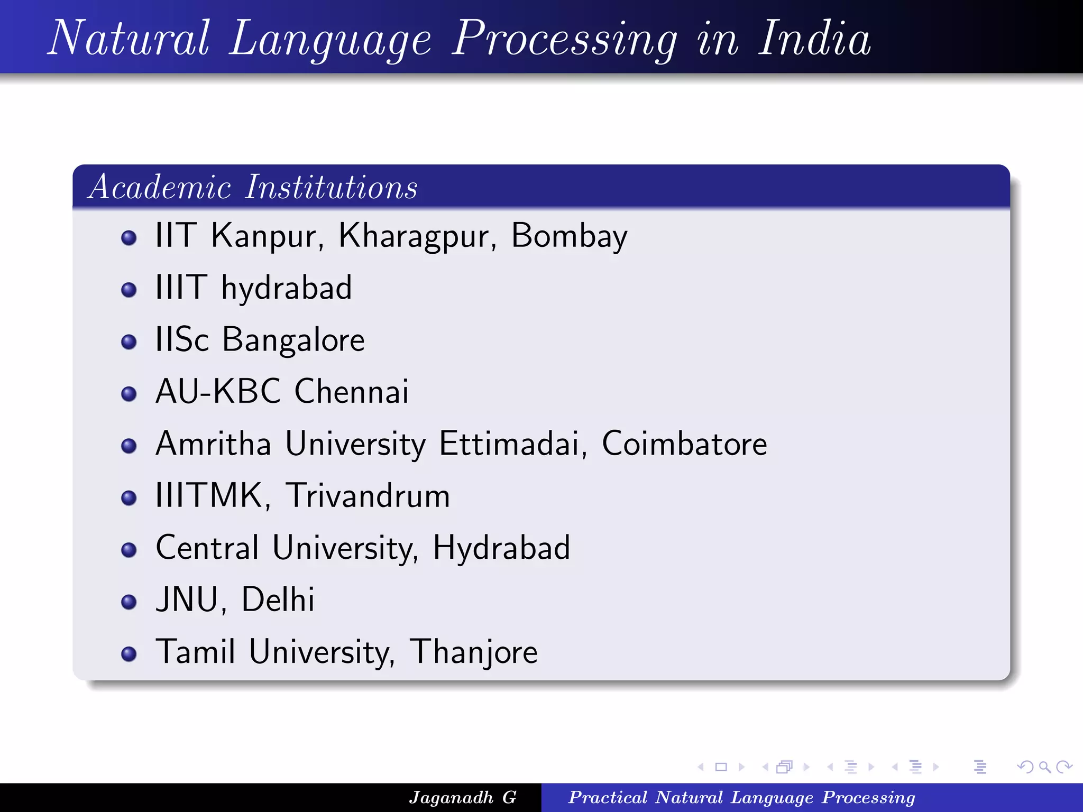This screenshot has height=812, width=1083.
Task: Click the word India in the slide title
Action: point(814,38)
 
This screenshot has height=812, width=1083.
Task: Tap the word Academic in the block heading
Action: point(160,187)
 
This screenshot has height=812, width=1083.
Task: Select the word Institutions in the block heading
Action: point(331,187)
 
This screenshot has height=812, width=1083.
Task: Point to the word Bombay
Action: point(569,236)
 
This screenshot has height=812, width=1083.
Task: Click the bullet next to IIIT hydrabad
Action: point(129,290)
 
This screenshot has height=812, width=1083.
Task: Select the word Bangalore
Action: point(293,340)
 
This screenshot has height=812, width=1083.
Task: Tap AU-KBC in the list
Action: point(218,392)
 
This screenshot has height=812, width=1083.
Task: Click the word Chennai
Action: point(352,392)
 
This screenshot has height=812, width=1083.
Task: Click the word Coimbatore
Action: point(684,444)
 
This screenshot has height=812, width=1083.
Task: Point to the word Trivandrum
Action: point(368,496)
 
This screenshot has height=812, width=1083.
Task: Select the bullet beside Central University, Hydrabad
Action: point(129,550)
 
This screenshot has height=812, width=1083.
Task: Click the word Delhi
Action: point(278,600)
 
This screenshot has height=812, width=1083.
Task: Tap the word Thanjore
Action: point(474,652)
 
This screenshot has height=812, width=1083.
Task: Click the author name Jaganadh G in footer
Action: point(463,797)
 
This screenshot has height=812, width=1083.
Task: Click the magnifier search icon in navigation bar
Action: point(1044,767)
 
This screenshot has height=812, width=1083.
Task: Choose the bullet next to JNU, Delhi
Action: point(129,602)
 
